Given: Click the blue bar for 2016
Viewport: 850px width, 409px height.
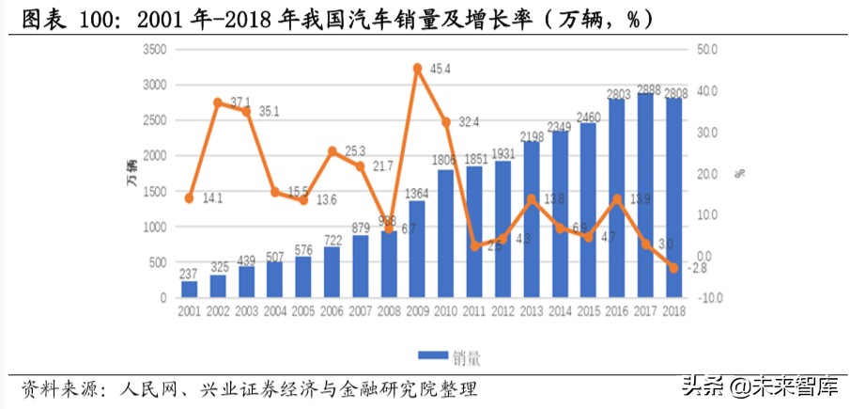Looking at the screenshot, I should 616,197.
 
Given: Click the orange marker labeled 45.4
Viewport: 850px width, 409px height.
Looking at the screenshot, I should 417,68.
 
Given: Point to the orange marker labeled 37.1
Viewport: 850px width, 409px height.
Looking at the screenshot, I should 218,102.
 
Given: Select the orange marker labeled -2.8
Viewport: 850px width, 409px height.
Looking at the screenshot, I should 673,268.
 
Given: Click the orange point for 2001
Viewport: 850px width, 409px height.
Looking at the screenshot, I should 190,198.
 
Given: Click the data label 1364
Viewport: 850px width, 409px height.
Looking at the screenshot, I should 416,194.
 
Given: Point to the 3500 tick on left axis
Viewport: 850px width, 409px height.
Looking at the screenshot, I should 153,49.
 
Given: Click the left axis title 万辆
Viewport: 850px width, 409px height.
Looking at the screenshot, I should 131,174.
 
